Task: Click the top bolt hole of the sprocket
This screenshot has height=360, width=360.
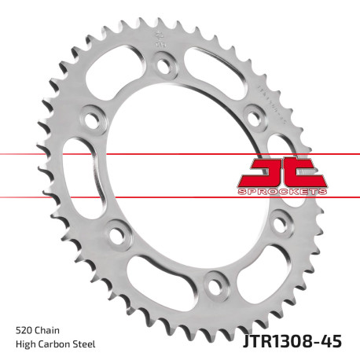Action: tap(165, 66)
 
